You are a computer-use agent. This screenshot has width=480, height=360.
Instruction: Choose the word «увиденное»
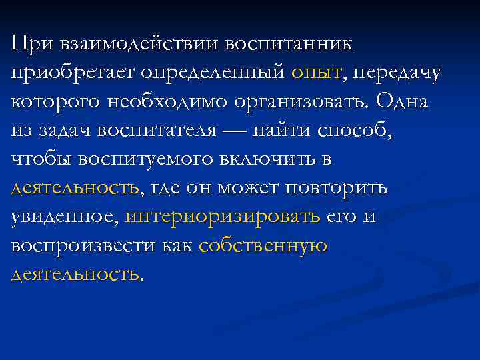click(x=64, y=217)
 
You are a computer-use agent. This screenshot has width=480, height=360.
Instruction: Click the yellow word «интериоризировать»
click(x=223, y=217)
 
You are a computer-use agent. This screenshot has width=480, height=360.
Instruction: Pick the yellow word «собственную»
click(x=263, y=245)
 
